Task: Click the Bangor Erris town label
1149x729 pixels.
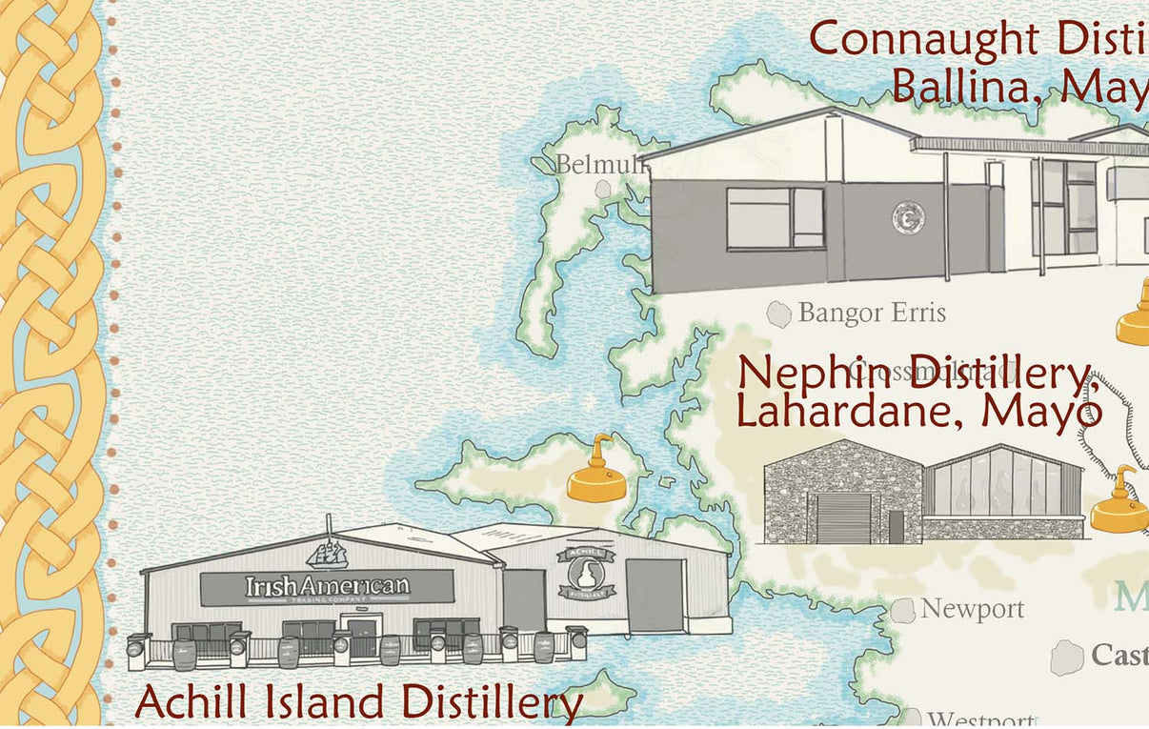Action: point(872,313)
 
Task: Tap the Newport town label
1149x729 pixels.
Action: point(972,609)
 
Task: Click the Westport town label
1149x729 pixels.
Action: point(980,719)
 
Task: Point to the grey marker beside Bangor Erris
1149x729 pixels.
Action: point(779,314)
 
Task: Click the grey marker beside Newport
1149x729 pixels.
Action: point(902,611)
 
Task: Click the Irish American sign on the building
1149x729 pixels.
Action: point(327,587)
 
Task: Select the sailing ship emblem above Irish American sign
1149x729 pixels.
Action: point(327,553)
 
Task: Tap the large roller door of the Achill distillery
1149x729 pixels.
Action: point(655,595)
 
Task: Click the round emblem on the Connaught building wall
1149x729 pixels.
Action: point(907,217)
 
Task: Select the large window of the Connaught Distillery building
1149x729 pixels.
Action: point(775,218)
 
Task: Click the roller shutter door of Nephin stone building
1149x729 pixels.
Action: point(843,517)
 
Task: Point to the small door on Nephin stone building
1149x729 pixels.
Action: point(896,526)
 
